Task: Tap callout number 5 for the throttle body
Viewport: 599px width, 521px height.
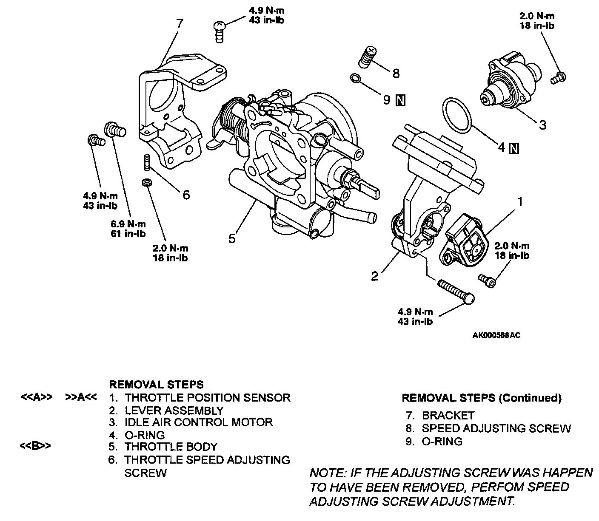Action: (232, 239)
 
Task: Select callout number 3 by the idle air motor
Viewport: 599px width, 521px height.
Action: (542, 125)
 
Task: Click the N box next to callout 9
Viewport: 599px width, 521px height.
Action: (400, 100)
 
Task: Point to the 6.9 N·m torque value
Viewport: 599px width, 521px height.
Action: (128, 224)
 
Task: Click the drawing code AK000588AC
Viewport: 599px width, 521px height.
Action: (496, 335)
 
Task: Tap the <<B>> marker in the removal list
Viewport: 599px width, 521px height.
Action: (36, 447)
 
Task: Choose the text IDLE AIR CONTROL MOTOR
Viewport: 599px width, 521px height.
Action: (199, 422)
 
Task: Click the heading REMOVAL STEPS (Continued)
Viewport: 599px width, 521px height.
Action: (482, 398)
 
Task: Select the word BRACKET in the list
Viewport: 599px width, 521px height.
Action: (448, 416)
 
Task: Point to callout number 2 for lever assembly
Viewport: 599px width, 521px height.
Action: (374, 276)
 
